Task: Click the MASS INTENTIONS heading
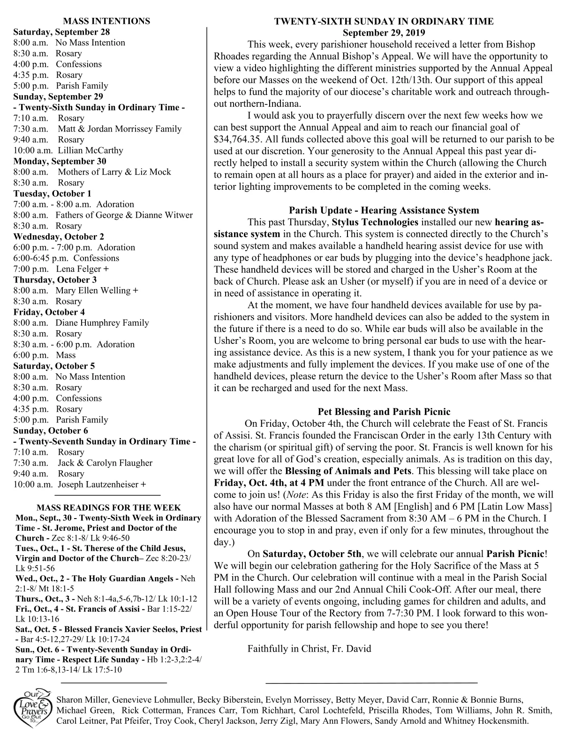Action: pos(106,21)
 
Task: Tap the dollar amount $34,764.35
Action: pos(238,139)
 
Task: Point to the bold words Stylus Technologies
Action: pos(375,222)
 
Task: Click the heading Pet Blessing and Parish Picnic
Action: pos(384,412)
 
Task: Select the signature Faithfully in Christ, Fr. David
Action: pos(309,648)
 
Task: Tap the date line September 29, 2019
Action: pos(384,33)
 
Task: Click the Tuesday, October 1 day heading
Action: pos(53,193)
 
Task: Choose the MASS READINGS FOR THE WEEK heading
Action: pos(108,508)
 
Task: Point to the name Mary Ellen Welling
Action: pos(93,290)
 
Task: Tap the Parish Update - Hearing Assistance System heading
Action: pos(384,210)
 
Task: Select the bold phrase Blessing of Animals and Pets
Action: pos(348,471)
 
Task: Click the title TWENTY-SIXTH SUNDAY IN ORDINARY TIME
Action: pos(384,22)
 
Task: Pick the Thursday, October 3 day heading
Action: pos(55,280)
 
